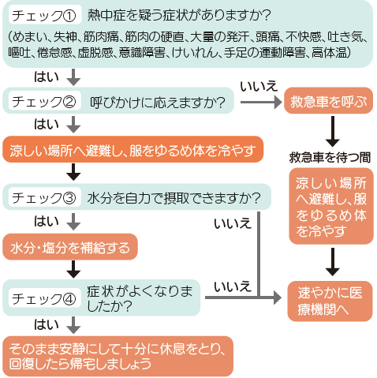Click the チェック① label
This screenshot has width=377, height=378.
point(44,16)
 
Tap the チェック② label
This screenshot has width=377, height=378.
point(44,102)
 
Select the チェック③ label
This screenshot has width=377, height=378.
point(44,198)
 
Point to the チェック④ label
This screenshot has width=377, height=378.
point(44,298)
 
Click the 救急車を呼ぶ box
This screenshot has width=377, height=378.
point(328,101)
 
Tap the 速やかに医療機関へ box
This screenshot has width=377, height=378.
point(330,301)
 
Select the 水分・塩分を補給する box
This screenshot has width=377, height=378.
point(70,247)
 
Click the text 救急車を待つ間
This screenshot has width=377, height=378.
point(330,157)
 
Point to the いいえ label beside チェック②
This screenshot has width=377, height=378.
point(259,86)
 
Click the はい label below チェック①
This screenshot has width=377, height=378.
point(47,77)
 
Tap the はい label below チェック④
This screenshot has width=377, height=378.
point(47,324)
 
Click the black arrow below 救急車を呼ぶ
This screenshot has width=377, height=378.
point(333,131)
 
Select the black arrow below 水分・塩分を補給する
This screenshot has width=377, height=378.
point(73,269)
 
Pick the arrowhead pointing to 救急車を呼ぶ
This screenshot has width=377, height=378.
point(278,102)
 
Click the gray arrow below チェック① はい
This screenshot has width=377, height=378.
point(73,77)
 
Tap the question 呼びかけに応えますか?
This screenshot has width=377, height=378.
point(158,102)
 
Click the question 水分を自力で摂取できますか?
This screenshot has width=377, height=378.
point(174,198)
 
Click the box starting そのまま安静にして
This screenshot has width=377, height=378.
point(118,356)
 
